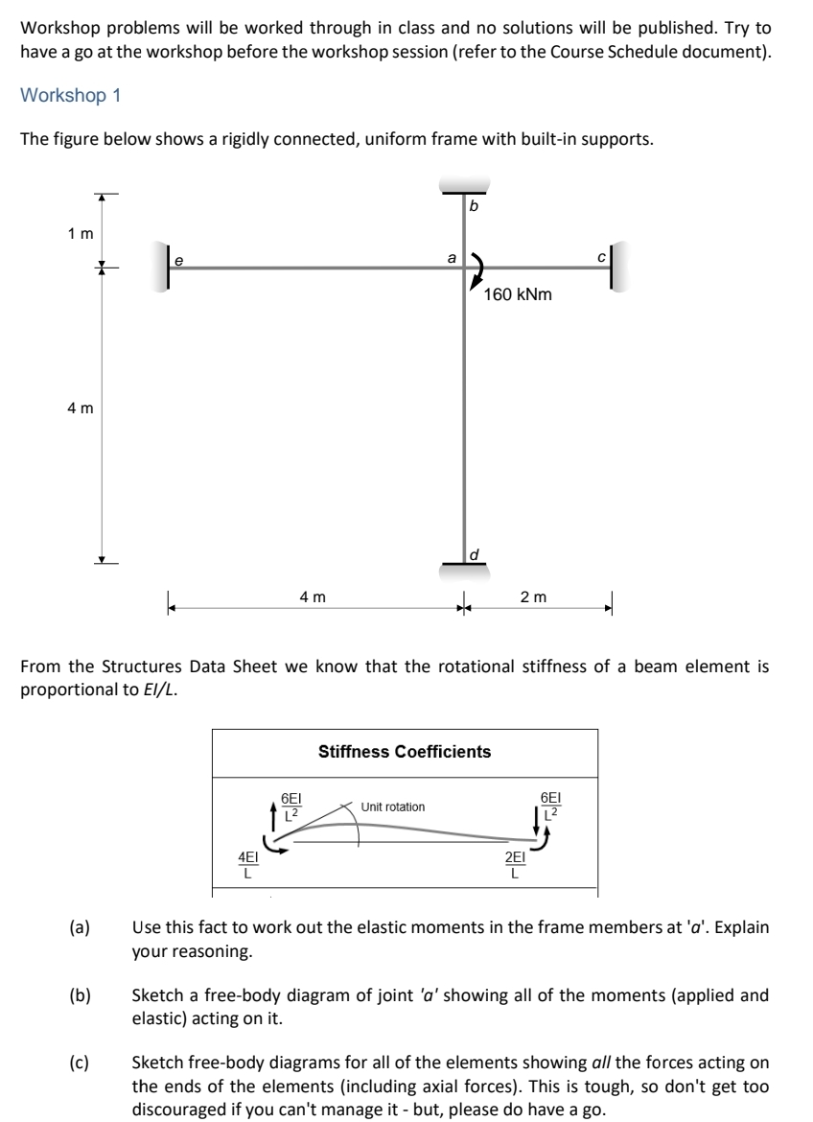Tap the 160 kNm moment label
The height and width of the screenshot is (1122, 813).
pyautogui.click(x=519, y=295)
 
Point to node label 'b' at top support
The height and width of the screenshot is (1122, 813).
pyautogui.click(x=473, y=206)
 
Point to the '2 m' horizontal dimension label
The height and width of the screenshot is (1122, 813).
pyautogui.click(x=532, y=596)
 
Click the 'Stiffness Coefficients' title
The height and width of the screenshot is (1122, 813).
pyautogui.click(x=405, y=752)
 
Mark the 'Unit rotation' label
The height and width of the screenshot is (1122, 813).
pyautogui.click(x=393, y=806)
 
